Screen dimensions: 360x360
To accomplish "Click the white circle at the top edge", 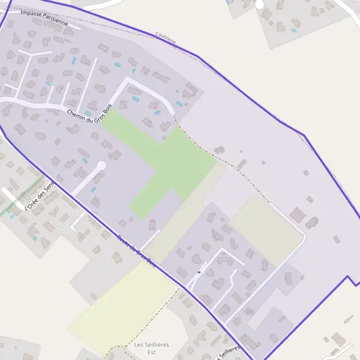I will click(259, 4).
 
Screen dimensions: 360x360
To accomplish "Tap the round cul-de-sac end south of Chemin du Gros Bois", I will click(101, 165).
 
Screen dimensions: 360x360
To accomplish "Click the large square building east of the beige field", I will click(297, 214).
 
